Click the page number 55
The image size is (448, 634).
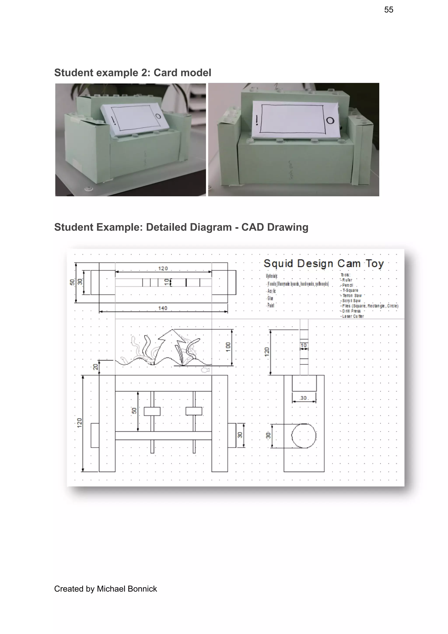pyautogui.click(x=388, y=10)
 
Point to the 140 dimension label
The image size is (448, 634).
pyautogui.click(x=163, y=308)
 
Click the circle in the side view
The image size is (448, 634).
pyautogui.click(x=304, y=436)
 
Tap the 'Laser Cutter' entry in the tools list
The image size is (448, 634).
pyautogui.click(x=353, y=316)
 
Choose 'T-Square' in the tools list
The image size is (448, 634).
pyautogui.click(x=350, y=290)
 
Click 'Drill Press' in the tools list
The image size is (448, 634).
pyautogui.click(x=351, y=311)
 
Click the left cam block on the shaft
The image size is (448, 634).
pyautogui.click(x=152, y=411)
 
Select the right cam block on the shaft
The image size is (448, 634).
pyautogui.click(x=194, y=411)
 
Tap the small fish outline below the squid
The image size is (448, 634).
pyautogui.click(x=205, y=370)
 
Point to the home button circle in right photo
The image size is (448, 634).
pyautogui.click(x=330, y=121)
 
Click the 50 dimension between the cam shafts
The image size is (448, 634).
pyautogui.click(x=134, y=411)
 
